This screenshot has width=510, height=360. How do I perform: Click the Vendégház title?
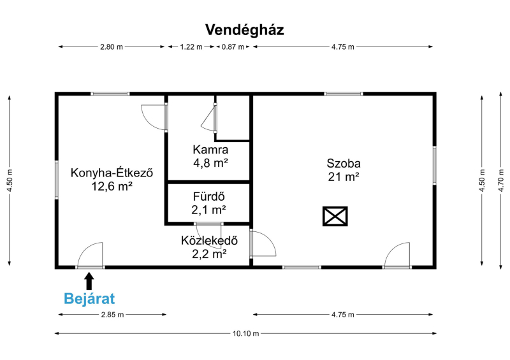[245, 30]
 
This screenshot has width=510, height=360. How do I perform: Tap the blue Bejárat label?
[89, 299]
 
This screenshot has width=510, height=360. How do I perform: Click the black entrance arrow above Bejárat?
[89, 280]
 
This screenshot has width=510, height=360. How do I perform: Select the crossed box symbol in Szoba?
[335, 216]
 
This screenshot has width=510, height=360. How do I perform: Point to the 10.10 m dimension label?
[245, 333]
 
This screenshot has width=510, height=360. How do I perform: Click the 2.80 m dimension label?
[112, 47]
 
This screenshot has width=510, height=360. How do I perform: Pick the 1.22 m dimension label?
[191, 47]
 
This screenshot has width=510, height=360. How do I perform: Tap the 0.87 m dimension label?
[233, 47]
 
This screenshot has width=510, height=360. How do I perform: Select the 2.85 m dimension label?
[113, 315]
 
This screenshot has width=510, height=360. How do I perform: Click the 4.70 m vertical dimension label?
[501, 180]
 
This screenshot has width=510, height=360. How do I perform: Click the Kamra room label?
[210, 150]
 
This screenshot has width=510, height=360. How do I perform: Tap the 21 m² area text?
[344, 177]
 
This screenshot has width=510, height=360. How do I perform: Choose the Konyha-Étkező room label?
[112, 173]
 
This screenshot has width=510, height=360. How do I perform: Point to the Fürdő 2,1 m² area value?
[208, 210]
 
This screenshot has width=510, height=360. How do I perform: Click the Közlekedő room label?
[209, 241]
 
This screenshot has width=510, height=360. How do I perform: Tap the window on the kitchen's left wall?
[57, 180]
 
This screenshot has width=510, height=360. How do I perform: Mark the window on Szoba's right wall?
[434, 166]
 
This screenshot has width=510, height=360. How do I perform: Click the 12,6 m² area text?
[112, 186]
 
